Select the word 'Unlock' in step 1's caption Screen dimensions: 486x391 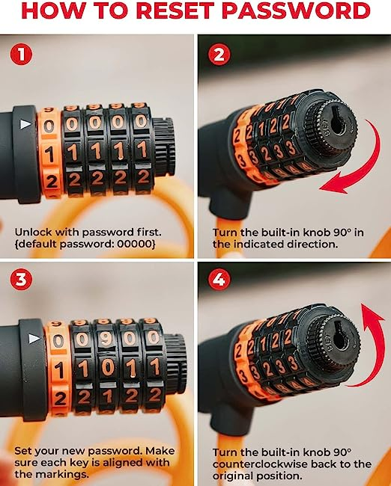click(32, 232)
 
